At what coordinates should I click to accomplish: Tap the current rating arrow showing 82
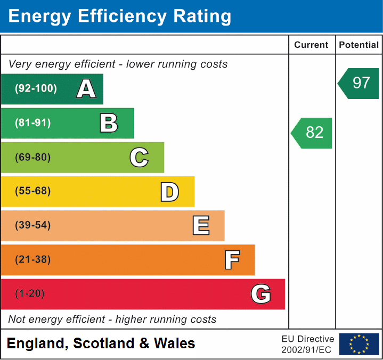pos(312,133)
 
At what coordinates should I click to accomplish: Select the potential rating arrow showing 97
pos(360,83)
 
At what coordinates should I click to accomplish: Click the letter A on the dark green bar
pos(86,89)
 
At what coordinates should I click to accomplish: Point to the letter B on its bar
pos(109,123)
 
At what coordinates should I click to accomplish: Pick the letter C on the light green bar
pos(139,158)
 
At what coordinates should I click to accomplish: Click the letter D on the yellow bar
pos(169,192)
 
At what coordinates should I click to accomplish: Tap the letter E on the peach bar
pos(200,226)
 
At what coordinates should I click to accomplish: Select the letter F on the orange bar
pos(231,260)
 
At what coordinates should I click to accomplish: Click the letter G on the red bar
pos(260,294)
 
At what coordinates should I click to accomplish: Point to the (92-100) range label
pos(36,89)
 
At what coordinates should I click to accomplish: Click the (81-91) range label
pos(33,123)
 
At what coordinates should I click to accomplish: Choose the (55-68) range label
pos(33,191)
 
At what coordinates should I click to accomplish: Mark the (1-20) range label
pos(30,293)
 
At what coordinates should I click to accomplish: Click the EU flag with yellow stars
pos(358,344)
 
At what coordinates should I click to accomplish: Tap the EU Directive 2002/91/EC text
pos(307,345)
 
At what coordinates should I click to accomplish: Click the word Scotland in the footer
pos(104,343)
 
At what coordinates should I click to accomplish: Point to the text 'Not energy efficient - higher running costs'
pos(112,320)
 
